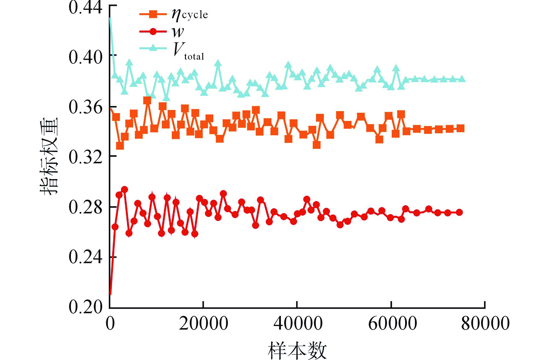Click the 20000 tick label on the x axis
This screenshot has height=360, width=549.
(203, 324)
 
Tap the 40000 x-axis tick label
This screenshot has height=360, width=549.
(298, 324)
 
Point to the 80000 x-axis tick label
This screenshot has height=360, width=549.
(485, 324)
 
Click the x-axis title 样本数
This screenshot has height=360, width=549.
(297, 351)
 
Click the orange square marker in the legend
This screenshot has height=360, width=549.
(153, 14)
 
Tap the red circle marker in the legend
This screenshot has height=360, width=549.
(153, 31)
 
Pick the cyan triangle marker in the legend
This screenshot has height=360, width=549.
(153, 48)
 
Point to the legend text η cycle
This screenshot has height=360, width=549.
(189, 14)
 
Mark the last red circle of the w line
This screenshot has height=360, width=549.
(459, 212)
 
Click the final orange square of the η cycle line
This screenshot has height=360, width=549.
(461, 128)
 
